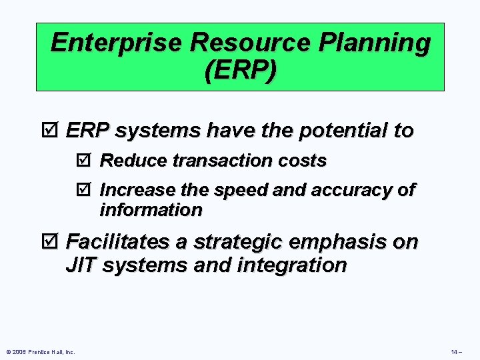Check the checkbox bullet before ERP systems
point(53,131)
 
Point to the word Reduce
point(128,161)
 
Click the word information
point(151,210)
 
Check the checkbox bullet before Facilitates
point(53,241)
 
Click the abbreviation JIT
point(81,265)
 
